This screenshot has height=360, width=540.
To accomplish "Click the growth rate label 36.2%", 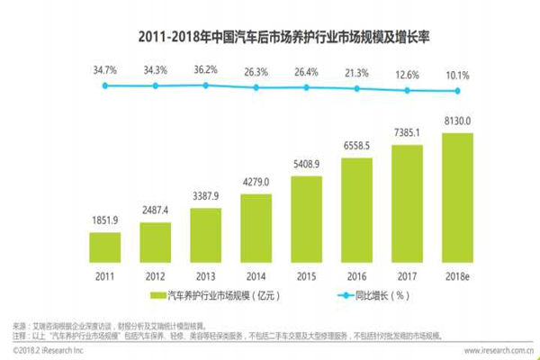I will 206,68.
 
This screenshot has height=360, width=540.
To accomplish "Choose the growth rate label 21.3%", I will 358,71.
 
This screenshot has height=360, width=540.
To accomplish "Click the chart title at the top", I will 269,37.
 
